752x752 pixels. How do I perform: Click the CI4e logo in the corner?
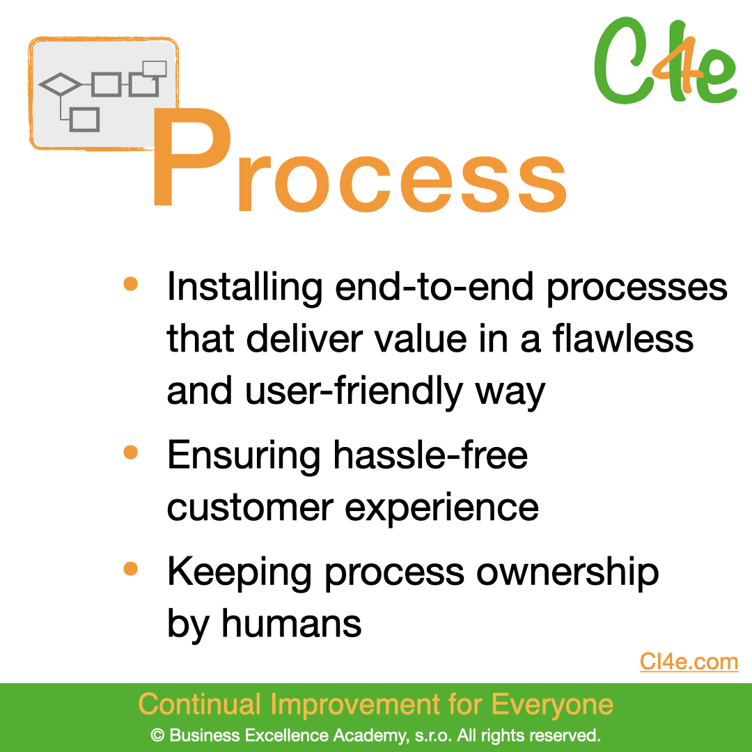[x=666, y=60]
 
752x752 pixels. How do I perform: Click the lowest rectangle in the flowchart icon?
[x=84, y=120]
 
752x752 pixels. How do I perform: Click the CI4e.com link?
[x=689, y=662]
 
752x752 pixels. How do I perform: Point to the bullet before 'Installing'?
[x=130, y=283]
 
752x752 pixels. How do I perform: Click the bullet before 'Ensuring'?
[x=130, y=452]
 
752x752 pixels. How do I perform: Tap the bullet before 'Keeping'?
[x=130, y=568]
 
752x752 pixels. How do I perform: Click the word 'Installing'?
[x=244, y=288]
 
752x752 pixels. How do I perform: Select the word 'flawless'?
[x=622, y=338]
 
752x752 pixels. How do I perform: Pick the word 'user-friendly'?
[x=354, y=391]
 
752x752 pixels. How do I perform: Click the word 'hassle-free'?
[x=430, y=455]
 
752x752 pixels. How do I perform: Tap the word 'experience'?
[x=441, y=509]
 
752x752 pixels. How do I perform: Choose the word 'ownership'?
[x=567, y=573]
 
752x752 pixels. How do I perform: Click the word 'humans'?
[x=291, y=623]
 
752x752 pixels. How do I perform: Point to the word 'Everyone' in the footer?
[x=552, y=705]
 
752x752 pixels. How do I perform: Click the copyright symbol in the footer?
[x=157, y=735]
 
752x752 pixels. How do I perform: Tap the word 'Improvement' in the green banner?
[x=355, y=705]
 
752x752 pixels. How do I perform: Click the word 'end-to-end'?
[x=434, y=288]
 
